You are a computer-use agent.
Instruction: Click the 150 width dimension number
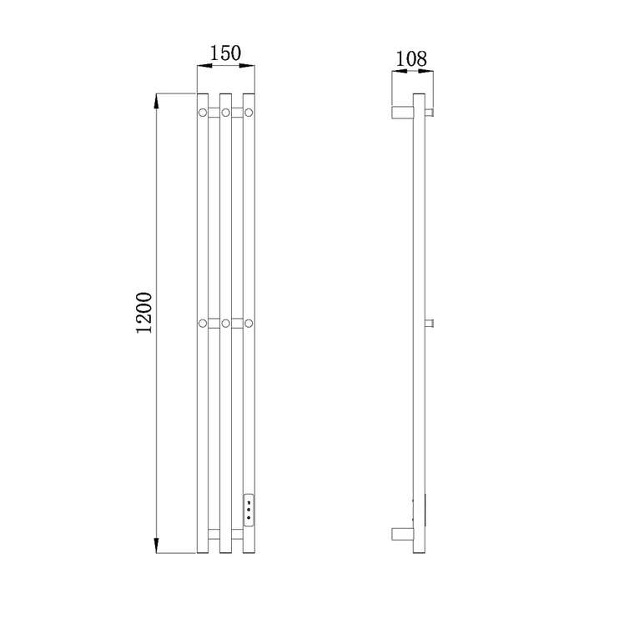[x=225, y=53]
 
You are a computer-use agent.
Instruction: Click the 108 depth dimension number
[x=410, y=59]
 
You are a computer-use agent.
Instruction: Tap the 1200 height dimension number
[x=144, y=313]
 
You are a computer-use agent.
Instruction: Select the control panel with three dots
[x=249, y=510]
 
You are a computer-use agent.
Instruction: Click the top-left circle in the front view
[x=203, y=113]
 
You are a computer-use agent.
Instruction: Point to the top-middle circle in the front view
[x=225, y=113]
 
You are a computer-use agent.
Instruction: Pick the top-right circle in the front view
[x=249, y=113]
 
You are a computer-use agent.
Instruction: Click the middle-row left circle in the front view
[x=203, y=324]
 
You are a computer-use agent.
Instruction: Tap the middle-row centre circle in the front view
[x=225, y=324]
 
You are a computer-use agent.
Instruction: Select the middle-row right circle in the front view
[x=249, y=324]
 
